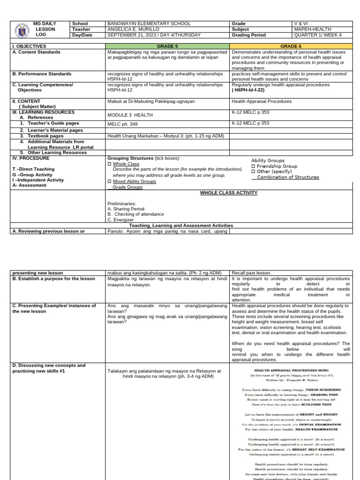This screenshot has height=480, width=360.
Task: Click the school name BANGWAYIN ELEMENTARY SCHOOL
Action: coord(149,23)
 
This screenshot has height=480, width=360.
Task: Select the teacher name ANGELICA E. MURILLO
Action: coord(133,29)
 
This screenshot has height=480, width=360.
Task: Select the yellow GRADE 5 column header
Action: coord(168,46)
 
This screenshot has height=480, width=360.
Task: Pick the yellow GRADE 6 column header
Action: coord(290,46)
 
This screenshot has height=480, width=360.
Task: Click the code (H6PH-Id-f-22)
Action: coord(251,90)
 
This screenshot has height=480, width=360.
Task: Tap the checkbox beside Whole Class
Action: coord(110,164)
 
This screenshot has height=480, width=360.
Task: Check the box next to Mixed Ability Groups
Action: coord(110,181)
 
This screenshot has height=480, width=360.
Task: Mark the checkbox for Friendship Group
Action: coord(253,166)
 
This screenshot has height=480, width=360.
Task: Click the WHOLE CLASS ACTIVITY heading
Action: coord(229,193)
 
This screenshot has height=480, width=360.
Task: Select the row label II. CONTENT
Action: coord(26,101)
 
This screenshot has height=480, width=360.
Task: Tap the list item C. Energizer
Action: coord(120,219)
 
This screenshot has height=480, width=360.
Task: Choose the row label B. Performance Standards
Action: coord(42,74)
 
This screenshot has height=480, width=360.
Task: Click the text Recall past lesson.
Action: coord(251,273)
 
